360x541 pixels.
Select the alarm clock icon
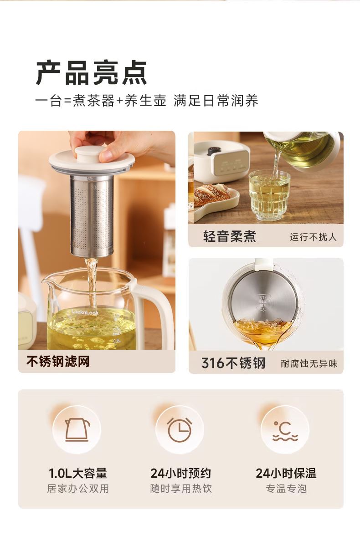tap(180, 429)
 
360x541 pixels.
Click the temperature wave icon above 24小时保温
tap(285, 431)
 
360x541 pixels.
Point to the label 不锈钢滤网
tap(58, 362)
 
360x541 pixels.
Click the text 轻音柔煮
tap(230, 236)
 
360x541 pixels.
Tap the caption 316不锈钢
tap(233, 363)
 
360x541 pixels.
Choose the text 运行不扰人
tap(313, 237)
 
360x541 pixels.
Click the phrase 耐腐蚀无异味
tap(309, 364)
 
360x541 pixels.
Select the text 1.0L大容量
tap(77, 473)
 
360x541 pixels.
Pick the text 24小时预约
tap(180, 473)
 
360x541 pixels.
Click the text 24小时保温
tap(286, 473)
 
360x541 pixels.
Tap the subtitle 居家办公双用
tap(78, 489)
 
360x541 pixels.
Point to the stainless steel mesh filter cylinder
tap(92, 216)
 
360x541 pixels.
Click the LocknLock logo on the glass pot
tap(85, 312)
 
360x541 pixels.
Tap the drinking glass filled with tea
tap(270, 195)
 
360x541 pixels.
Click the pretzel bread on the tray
tap(212, 194)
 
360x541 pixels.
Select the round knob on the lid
tap(91, 153)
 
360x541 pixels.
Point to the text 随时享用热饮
tap(181, 489)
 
